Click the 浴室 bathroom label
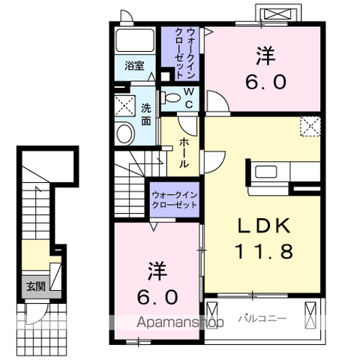134,66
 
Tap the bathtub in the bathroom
135,40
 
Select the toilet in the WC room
170,97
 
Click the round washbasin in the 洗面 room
125,133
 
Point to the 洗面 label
146,114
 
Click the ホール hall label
184,153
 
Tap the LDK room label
264,226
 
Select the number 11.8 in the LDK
264,251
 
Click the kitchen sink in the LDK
265,172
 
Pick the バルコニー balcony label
262,319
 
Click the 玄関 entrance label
36,286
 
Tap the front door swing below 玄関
36,313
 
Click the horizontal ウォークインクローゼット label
175,199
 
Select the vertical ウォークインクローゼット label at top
185,53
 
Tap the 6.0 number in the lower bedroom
157,297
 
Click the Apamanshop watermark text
180,322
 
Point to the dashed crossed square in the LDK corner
310,126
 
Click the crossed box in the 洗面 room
125,106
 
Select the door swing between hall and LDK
213,162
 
